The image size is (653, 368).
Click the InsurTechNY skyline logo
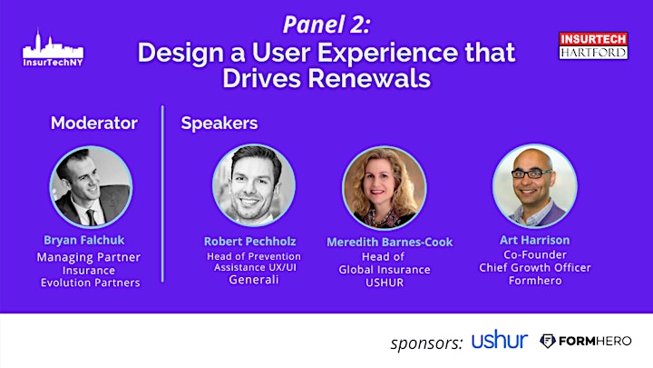click(53, 48)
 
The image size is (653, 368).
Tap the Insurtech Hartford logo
click(593, 46)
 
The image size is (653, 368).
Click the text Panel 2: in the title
click(326, 25)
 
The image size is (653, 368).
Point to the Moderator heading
click(94, 123)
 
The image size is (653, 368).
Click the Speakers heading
click(219, 124)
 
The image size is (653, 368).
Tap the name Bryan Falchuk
click(84, 240)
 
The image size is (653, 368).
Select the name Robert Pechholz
click(250, 241)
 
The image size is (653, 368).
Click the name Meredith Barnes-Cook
click(389, 242)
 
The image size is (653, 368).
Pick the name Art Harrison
click(535, 240)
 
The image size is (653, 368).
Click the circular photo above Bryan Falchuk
click(92, 187)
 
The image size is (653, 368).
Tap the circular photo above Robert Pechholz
click(254, 185)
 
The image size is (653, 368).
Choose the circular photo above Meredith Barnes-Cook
click(384, 188)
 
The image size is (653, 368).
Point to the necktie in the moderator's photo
click(92, 217)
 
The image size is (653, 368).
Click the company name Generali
click(254, 280)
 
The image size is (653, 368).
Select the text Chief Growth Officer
click(535, 267)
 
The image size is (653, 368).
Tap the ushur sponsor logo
click(500, 339)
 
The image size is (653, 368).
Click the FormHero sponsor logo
click(586, 341)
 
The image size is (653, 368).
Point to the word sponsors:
click(426, 343)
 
